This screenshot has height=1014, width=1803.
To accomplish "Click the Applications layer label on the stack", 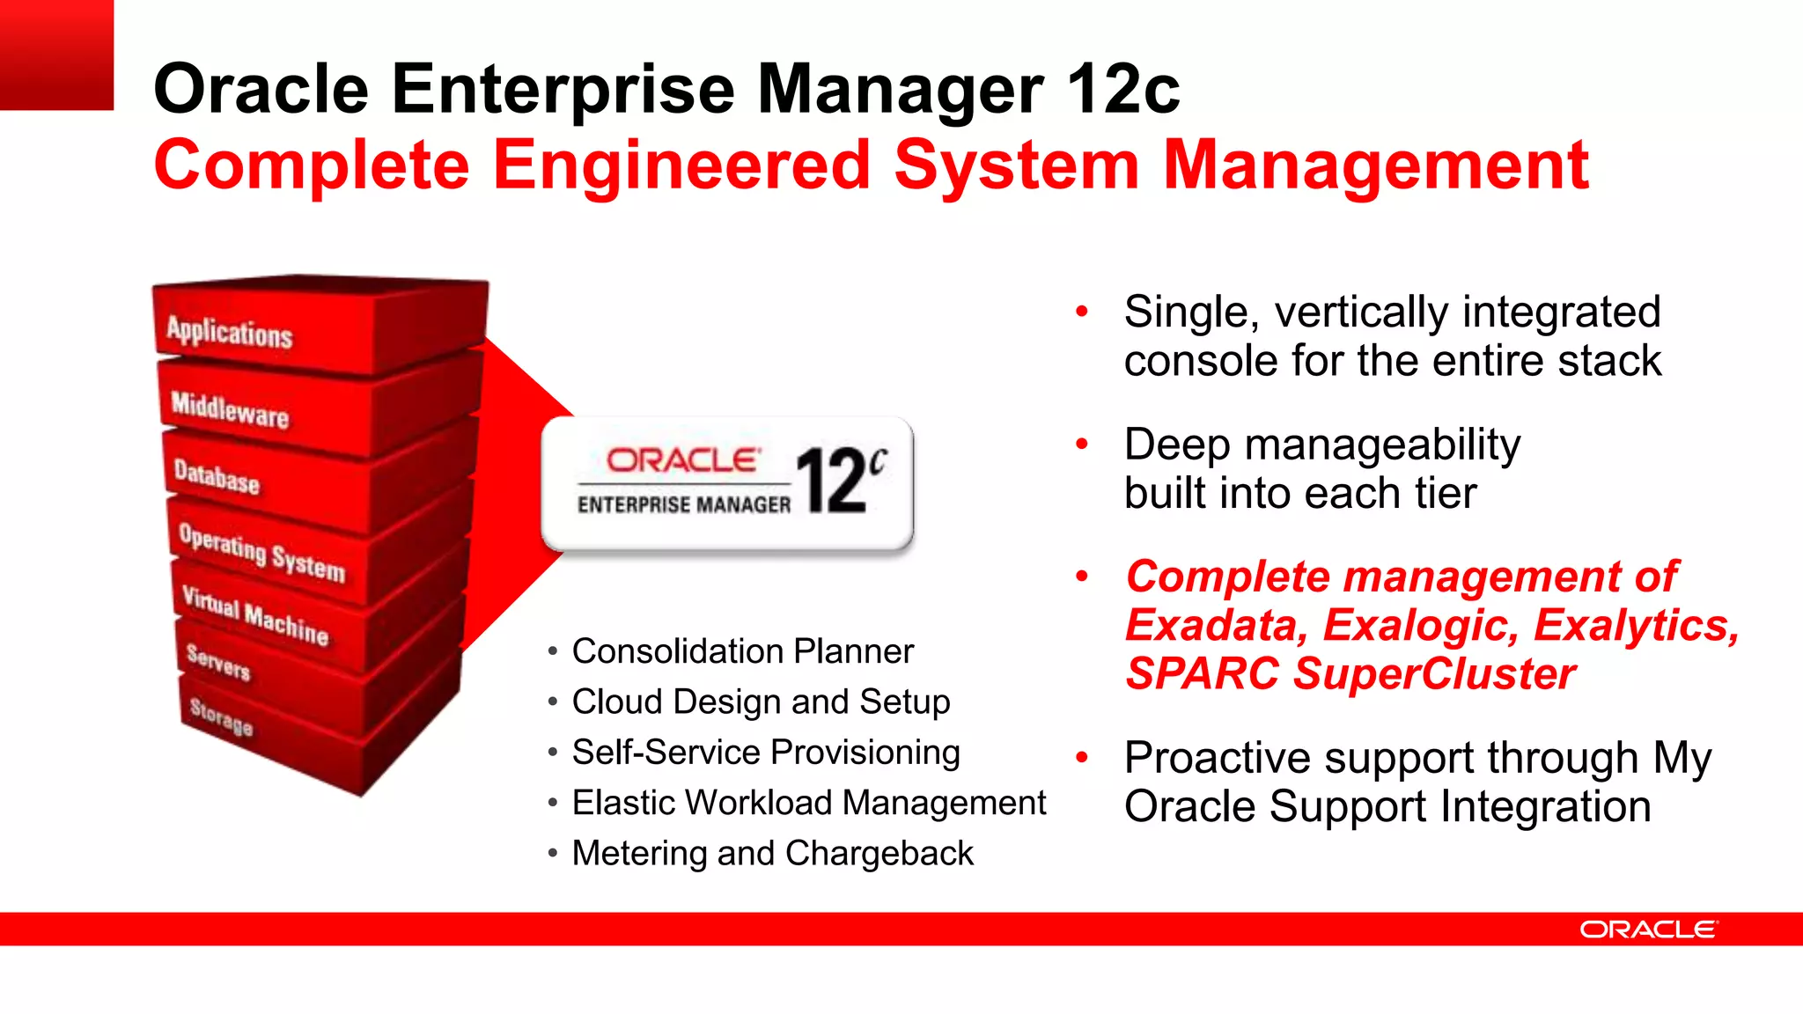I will click(x=229, y=333).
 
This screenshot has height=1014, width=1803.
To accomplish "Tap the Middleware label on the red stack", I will click(x=230, y=409).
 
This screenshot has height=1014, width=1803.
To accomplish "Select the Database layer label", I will click(x=217, y=476).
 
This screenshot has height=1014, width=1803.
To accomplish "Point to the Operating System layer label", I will click(x=261, y=553).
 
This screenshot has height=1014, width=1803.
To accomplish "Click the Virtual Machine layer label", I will click(x=255, y=614).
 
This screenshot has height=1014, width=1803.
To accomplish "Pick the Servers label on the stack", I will click(x=218, y=662).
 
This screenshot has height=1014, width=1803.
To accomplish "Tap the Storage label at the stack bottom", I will click(x=221, y=716).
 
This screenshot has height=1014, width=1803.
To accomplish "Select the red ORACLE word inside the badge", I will click(x=682, y=460).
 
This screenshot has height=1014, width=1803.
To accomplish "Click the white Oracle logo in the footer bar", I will click(x=1648, y=929).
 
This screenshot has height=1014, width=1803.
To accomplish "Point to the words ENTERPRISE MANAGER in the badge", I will click(x=684, y=504).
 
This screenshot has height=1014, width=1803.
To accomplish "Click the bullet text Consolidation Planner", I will click(x=742, y=651).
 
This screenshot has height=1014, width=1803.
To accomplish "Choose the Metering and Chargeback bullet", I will click(x=772, y=853).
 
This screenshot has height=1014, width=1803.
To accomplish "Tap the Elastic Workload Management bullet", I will click(x=808, y=803).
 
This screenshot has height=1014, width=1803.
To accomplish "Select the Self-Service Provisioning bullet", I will click(x=765, y=753).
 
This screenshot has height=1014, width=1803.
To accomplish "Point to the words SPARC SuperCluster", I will click(x=1350, y=674).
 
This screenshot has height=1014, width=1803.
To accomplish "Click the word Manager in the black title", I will click(x=900, y=89).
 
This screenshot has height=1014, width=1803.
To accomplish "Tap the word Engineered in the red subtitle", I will click(x=681, y=165).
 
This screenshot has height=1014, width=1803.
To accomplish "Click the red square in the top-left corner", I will click(x=56, y=55).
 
